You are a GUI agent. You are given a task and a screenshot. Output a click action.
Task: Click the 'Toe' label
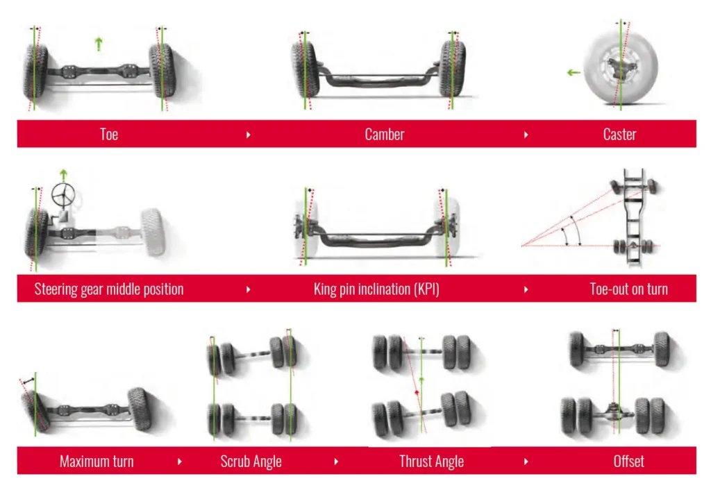pyautogui.click(x=109, y=134)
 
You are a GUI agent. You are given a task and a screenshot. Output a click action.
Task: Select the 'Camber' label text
pyautogui.click(x=384, y=134)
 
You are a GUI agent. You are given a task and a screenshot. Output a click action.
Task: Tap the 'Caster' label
pyautogui.click(x=619, y=134)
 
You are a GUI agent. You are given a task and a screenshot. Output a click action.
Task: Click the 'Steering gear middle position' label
pyautogui.click(x=109, y=289)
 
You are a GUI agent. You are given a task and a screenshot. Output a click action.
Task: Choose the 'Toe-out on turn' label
pyautogui.click(x=628, y=289)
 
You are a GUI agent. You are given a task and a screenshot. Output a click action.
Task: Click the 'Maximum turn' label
pyautogui.click(x=97, y=461)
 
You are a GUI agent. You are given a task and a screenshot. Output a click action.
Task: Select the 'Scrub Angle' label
pyautogui.click(x=251, y=461)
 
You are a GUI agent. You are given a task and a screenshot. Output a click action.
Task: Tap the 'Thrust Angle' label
pyautogui.click(x=431, y=461)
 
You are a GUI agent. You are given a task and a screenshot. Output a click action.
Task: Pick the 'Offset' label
pyautogui.click(x=628, y=461)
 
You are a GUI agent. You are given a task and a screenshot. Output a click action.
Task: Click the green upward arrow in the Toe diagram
pyautogui.click(x=99, y=44)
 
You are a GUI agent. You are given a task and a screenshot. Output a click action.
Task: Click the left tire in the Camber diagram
pyautogui.click(x=306, y=69)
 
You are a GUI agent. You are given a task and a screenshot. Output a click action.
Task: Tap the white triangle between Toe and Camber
pyautogui.click(x=249, y=134)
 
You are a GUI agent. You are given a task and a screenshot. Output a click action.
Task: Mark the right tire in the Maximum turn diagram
pyautogui.click(x=138, y=409)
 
